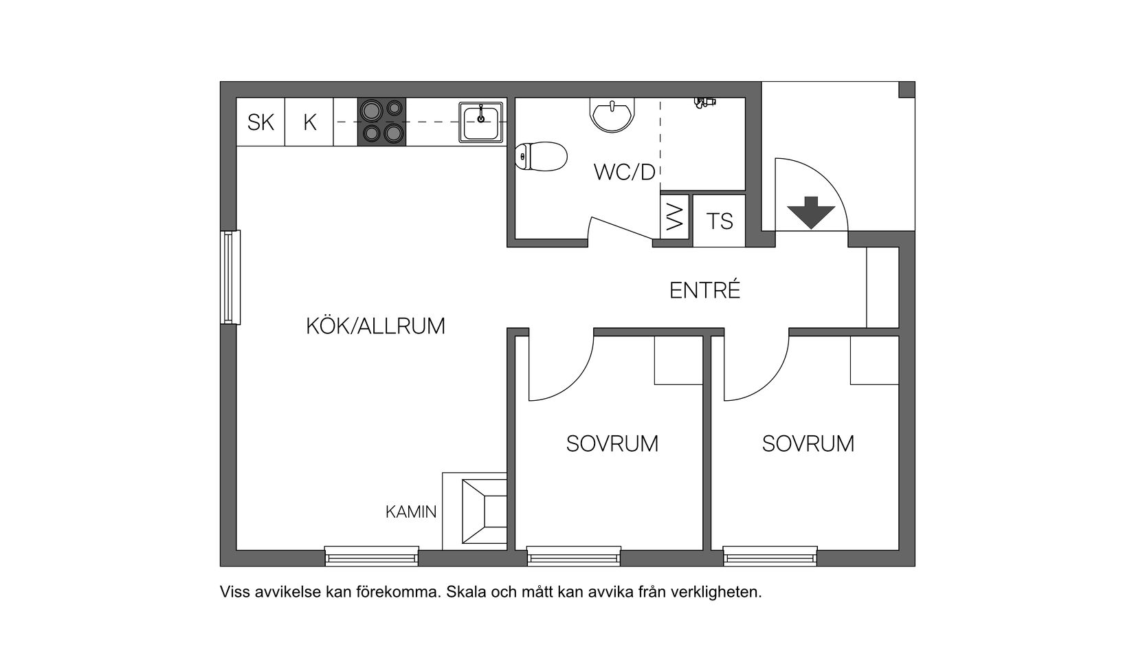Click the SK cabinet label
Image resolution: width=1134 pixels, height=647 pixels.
click(x=260, y=122)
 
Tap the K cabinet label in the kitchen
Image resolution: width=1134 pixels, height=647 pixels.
click(x=309, y=122)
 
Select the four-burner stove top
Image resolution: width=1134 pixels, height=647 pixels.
click(x=381, y=122)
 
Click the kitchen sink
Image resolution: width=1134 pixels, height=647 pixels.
click(x=481, y=122)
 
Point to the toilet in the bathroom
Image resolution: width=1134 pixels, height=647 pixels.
click(x=541, y=156)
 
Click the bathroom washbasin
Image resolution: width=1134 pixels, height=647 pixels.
click(x=612, y=114)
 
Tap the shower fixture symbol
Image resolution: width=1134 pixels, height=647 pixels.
click(x=704, y=102)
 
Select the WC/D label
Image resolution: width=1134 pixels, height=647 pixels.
click(x=625, y=172)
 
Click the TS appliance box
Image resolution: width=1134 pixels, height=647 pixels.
click(x=719, y=221)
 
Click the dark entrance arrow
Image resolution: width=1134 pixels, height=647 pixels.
click(x=810, y=212)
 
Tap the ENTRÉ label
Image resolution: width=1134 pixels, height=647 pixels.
click(x=705, y=291)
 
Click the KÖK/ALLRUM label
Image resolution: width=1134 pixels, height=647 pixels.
click(x=375, y=326)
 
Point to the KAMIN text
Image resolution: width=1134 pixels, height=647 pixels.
click(x=410, y=512)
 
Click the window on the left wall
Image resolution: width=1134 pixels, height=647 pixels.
click(x=231, y=277)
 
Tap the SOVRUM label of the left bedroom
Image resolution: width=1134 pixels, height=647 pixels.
click(x=612, y=443)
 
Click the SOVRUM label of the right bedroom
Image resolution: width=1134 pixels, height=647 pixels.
click(x=808, y=443)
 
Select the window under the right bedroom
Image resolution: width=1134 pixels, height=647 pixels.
click(x=770, y=556)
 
